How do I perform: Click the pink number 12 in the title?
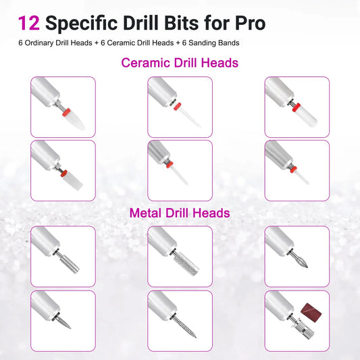(28, 22)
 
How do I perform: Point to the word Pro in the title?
(249, 22)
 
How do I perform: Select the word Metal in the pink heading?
(147, 213)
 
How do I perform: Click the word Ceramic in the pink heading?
(145, 63)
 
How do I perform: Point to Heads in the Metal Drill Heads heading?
(210, 213)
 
